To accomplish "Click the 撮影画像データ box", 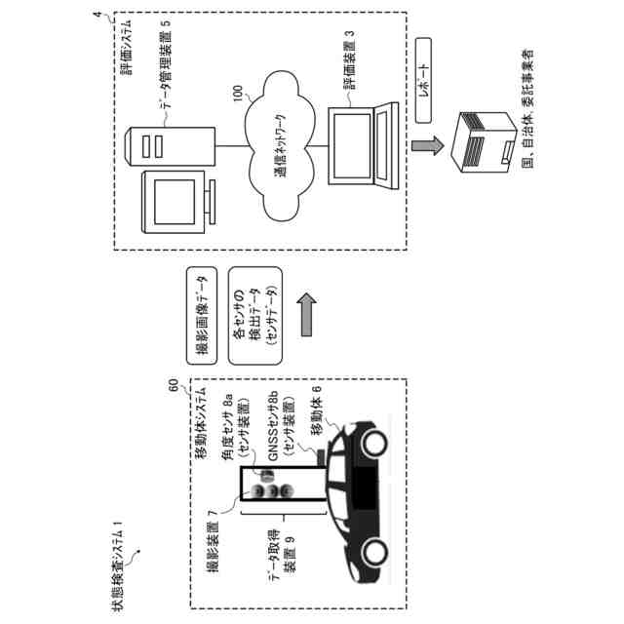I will pos(198,309).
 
